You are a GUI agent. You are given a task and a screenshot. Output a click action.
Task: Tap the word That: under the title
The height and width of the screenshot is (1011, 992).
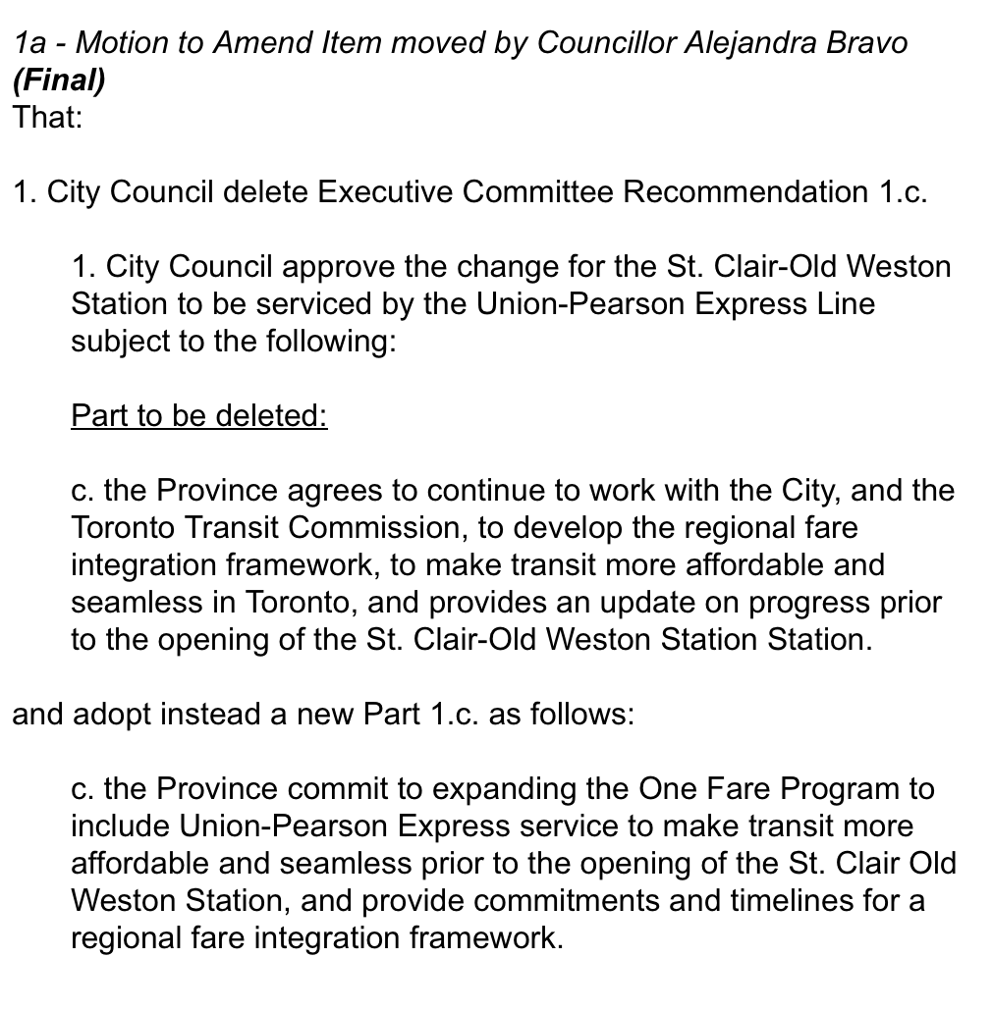(47, 118)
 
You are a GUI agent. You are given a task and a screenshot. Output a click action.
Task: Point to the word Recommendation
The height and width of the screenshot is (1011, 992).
(740, 192)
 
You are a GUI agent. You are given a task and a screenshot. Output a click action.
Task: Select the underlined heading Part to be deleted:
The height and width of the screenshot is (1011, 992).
(198, 416)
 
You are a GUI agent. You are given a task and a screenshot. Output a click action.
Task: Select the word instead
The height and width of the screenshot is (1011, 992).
(207, 715)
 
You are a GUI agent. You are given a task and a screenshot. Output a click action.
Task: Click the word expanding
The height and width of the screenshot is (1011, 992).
(482, 789)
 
